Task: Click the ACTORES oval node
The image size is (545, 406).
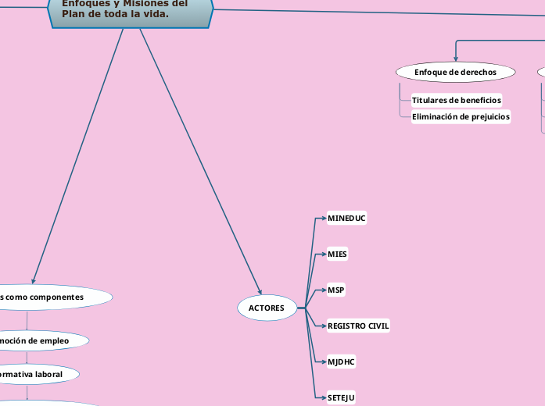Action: coord(267,308)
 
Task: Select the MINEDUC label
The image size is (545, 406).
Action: coord(346,219)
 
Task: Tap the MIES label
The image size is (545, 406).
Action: coord(338,255)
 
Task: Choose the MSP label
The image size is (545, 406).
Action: coord(336,290)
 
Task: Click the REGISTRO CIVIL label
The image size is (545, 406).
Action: coord(358,326)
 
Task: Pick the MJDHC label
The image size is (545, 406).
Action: coord(342,362)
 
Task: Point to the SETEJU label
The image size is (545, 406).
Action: coord(341,398)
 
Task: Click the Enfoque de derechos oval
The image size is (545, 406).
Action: coord(455,72)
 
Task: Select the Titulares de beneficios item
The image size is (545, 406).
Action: coord(457,100)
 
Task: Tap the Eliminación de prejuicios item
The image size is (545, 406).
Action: coord(461,117)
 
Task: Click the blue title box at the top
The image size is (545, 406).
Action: coord(131,12)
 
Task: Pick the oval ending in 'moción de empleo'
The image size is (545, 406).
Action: coord(39,340)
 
